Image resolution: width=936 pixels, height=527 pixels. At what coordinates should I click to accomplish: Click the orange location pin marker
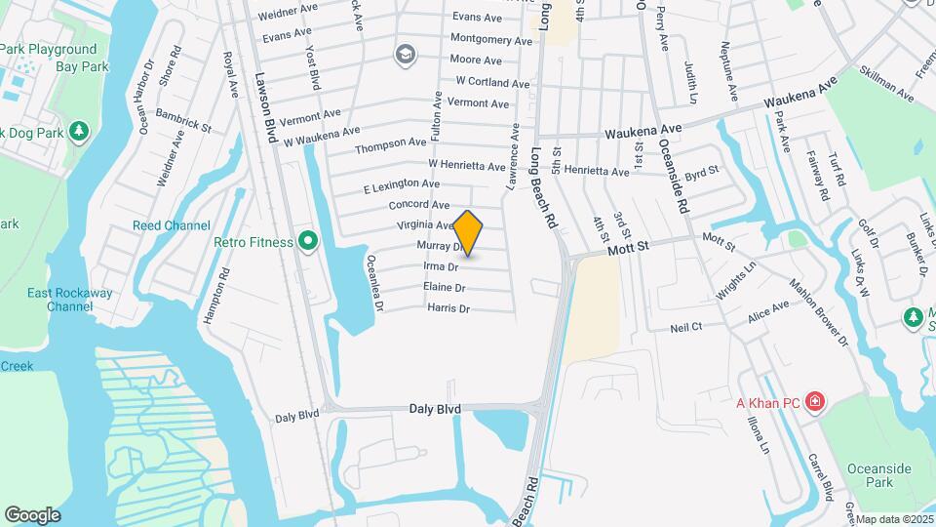point(468,232)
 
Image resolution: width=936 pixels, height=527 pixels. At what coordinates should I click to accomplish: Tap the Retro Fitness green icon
point(309,240)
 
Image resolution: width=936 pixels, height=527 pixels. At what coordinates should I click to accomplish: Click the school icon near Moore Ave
point(405,55)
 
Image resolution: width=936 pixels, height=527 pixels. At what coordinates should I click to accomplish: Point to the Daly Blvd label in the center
point(435,410)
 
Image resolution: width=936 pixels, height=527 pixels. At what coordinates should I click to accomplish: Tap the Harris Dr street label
point(448,308)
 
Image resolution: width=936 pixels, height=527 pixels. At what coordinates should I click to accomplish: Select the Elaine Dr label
point(445,288)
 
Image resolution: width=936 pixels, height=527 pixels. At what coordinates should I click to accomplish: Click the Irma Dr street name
point(441,266)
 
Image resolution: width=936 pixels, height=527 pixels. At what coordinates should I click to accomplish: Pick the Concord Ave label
point(419,205)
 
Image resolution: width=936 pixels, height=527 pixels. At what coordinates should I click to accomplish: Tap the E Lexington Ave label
point(402,184)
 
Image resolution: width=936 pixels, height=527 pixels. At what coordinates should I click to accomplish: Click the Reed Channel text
point(172,226)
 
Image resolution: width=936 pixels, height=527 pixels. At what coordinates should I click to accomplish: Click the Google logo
point(32,515)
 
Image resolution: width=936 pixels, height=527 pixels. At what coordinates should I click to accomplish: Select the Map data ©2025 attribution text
point(894,519)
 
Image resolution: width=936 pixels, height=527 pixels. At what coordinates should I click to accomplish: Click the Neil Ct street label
point(686,328)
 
